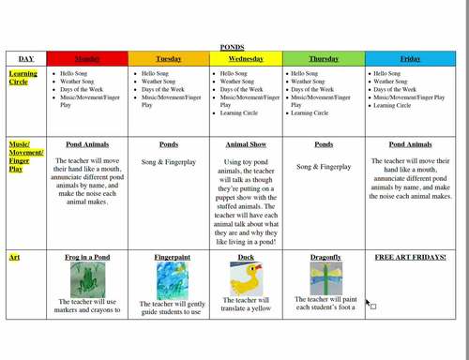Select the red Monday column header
[x=87, y=58]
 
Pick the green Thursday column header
[x=324, y=58]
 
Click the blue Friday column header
[x=410, y=58]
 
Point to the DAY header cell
[x=25, y=58]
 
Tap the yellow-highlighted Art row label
[x=14, y=256]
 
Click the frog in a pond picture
[x=87, y=279]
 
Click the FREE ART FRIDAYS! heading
[x=410, y=256]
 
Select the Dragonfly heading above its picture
[x=324, y=256]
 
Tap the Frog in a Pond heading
[x=87, y=256]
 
